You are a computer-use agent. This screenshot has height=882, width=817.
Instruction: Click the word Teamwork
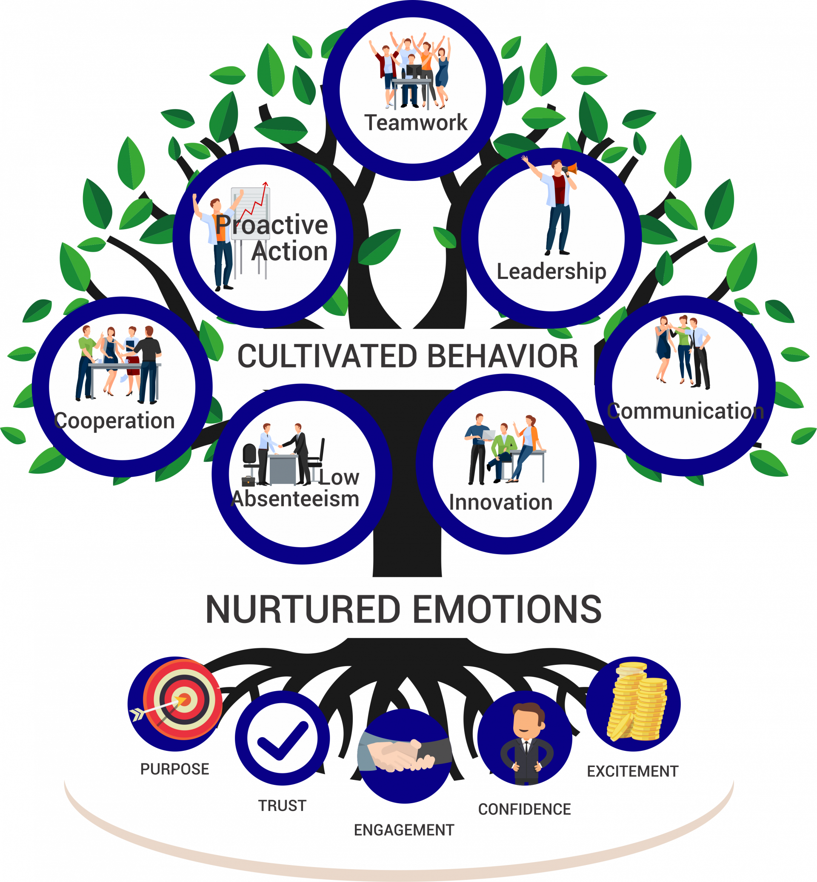416,123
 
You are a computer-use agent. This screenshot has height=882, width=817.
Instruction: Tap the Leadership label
551,271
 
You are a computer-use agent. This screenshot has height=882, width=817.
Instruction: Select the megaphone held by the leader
571,169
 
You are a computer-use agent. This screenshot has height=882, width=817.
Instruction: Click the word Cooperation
114,420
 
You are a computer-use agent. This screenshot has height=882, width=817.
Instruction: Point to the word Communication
685,411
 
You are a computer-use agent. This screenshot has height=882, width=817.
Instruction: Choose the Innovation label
500,502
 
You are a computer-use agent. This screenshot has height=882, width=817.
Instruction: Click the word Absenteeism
295,499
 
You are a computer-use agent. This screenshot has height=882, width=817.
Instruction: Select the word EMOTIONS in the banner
507,609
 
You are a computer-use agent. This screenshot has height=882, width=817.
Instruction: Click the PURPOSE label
174,769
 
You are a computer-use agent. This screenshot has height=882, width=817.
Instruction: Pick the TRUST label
282,805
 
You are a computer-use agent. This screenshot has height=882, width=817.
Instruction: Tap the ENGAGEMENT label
404,830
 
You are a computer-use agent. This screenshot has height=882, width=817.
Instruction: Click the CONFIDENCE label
524,809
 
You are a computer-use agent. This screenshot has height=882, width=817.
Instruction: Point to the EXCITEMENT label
632,771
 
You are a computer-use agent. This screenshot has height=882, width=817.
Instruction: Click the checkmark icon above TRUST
282,738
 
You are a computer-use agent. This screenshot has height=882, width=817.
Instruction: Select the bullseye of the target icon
185,700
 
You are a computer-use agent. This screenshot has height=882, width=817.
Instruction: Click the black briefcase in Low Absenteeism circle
248,481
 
